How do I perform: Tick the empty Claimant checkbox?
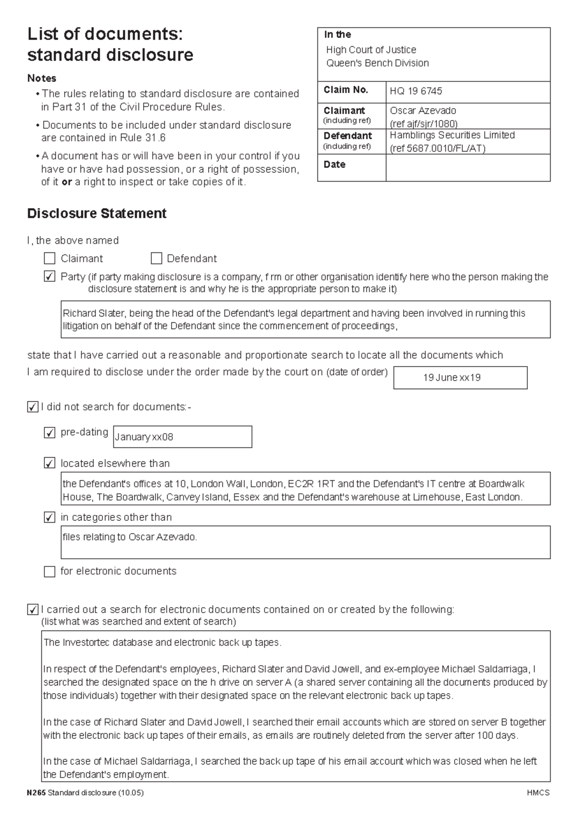click(x=50, y=259)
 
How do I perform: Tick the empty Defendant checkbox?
click(x=156, y=259)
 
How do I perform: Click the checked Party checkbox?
click(x=50, y=277)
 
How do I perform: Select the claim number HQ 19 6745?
click(x=416, y=91)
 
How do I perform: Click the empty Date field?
click(x=467, y=167)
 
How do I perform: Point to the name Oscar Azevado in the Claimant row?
click(x=422, y=110)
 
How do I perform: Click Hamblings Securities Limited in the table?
click(x=452, y=135)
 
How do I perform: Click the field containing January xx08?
click(x=182, y=437)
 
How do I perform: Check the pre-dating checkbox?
click(x=50, y=433)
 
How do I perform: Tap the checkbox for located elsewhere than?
click(x=50, y=463)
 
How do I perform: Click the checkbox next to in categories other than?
click(x=50, y=517)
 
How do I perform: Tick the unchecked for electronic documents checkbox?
click(x=50, y=571)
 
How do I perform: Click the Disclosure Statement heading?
click(x=97, y=213)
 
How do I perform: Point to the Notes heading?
click(x=42, y=78)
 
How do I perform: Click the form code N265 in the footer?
click(x=36, y=792)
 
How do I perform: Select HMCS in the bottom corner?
click(x=538, y=792)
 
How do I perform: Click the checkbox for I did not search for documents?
click(x=32, y=407)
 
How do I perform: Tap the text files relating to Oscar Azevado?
click(x=130, y=537)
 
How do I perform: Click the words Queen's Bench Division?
click(x=377, y=63)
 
